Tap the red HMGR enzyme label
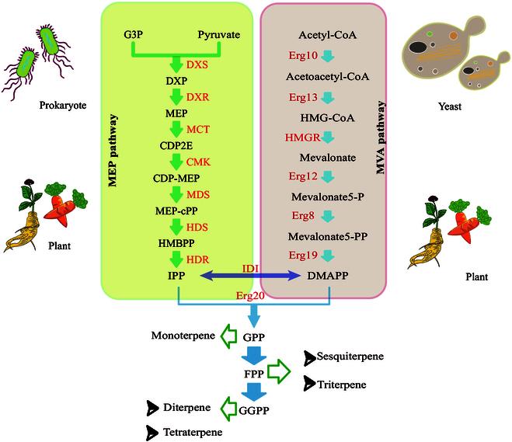(x=302, y=137)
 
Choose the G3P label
(x=133, y=35)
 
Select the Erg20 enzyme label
(x=250, y=296)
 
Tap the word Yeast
(x=449, y=106)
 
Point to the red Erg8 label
(x=303, y=215)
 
